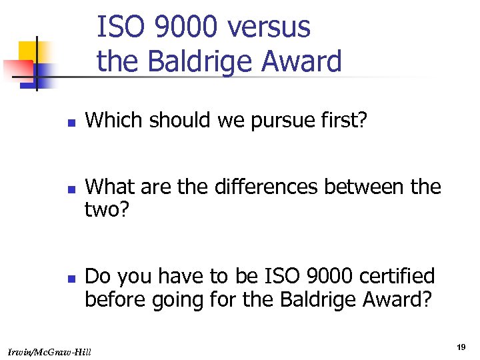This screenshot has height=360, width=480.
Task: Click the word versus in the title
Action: click(269, 28)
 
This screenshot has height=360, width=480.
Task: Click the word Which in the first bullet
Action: click(111, 121)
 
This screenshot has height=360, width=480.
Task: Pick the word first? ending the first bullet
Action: click(343, 121)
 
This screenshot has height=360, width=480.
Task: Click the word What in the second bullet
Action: click(111, 187)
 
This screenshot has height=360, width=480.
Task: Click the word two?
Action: click(109, 210)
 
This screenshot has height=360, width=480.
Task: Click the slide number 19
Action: click(461, 347)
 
